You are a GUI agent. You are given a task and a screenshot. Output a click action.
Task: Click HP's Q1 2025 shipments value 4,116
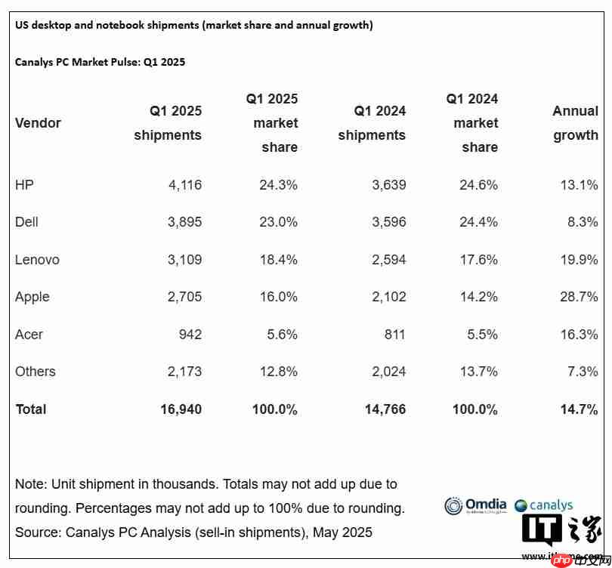pyautogui.click(x=184, y=184)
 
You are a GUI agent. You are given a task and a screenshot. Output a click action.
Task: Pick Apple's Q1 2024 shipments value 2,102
pyautogui.click(x=388, y=297)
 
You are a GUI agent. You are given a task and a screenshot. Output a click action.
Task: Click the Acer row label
pyautogui.click(x=29, y=334)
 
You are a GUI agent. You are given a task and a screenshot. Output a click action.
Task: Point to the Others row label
pyautogui.click(x=36, y=372)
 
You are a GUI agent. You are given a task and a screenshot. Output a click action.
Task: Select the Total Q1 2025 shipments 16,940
pyautogui.click(x=181, y=409)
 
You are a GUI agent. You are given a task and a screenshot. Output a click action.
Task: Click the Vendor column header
pyautogui.click(x=38, y=123)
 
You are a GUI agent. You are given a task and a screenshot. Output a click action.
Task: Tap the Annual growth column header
pyautogui.click(x=575, y=123)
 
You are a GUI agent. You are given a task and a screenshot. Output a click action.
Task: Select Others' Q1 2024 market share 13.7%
pyautogui.click(x=479, y=372)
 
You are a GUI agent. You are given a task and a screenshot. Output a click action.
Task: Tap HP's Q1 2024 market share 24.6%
pyautogui.click(x=479, y=184)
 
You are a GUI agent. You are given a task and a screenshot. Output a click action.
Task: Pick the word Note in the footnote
pyautogui.click(x=30, y=483)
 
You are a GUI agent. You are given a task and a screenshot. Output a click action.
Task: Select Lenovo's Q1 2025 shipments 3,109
pyautogui.click(x=184, y=260)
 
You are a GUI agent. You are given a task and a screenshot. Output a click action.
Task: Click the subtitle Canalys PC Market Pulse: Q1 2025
pyautogui.click(x=100, y=62)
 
